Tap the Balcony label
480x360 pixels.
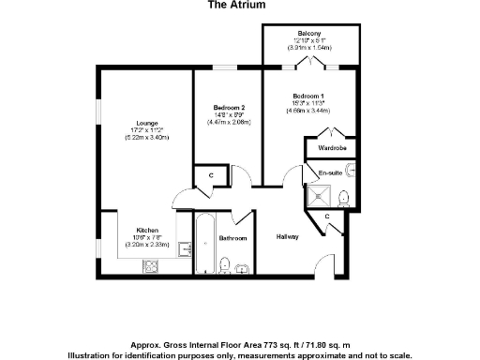(x=311, y=33)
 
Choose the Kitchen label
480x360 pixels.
(x=147, y=230)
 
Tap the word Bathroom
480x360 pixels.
(x=232, y=238)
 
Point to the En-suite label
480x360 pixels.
(x=329, y=173)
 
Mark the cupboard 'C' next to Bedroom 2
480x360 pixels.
(x=211, y=175)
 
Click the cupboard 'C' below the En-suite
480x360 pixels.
(x=327, y=217)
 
